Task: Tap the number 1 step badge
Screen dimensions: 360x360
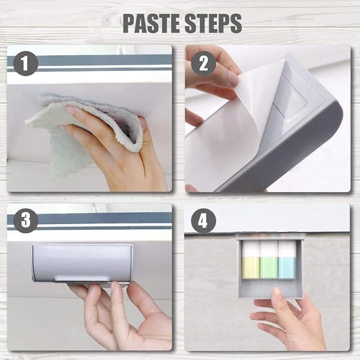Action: point(25,63)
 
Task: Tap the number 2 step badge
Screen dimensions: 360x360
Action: point(204,64)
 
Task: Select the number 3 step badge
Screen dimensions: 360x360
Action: point(25,221)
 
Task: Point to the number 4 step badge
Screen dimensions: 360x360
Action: point(204,221)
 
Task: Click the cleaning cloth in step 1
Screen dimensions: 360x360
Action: point(76,128)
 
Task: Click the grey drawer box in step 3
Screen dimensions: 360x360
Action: point(82,262)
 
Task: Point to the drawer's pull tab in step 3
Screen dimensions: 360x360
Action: point(82,278)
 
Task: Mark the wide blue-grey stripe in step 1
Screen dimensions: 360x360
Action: point(90,60)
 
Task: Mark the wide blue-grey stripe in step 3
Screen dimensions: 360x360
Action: point(90,218)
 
